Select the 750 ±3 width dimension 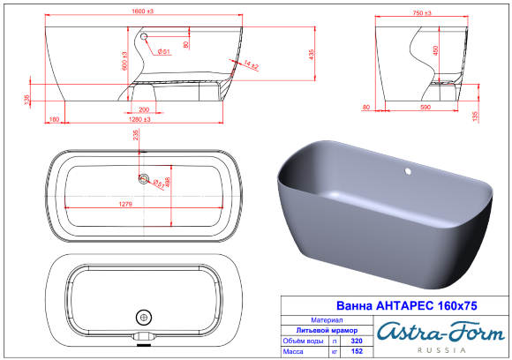coord(421,13)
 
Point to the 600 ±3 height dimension coord(125,59)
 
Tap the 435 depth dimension coord(312,54)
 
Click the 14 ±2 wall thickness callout coord(251,65)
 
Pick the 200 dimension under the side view coord(143,109)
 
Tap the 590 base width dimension coord(425,109)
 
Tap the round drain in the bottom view coord(142,316)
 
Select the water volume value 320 coord(357,339)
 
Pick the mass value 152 coord(357,350)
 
